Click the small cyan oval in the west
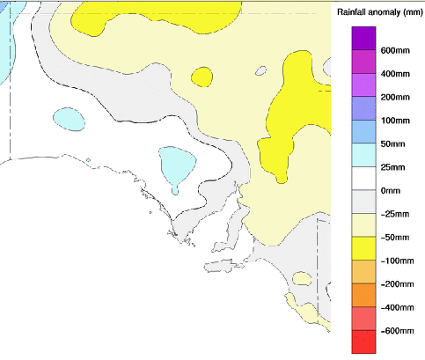[68, 116]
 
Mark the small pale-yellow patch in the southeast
[302, 279]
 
